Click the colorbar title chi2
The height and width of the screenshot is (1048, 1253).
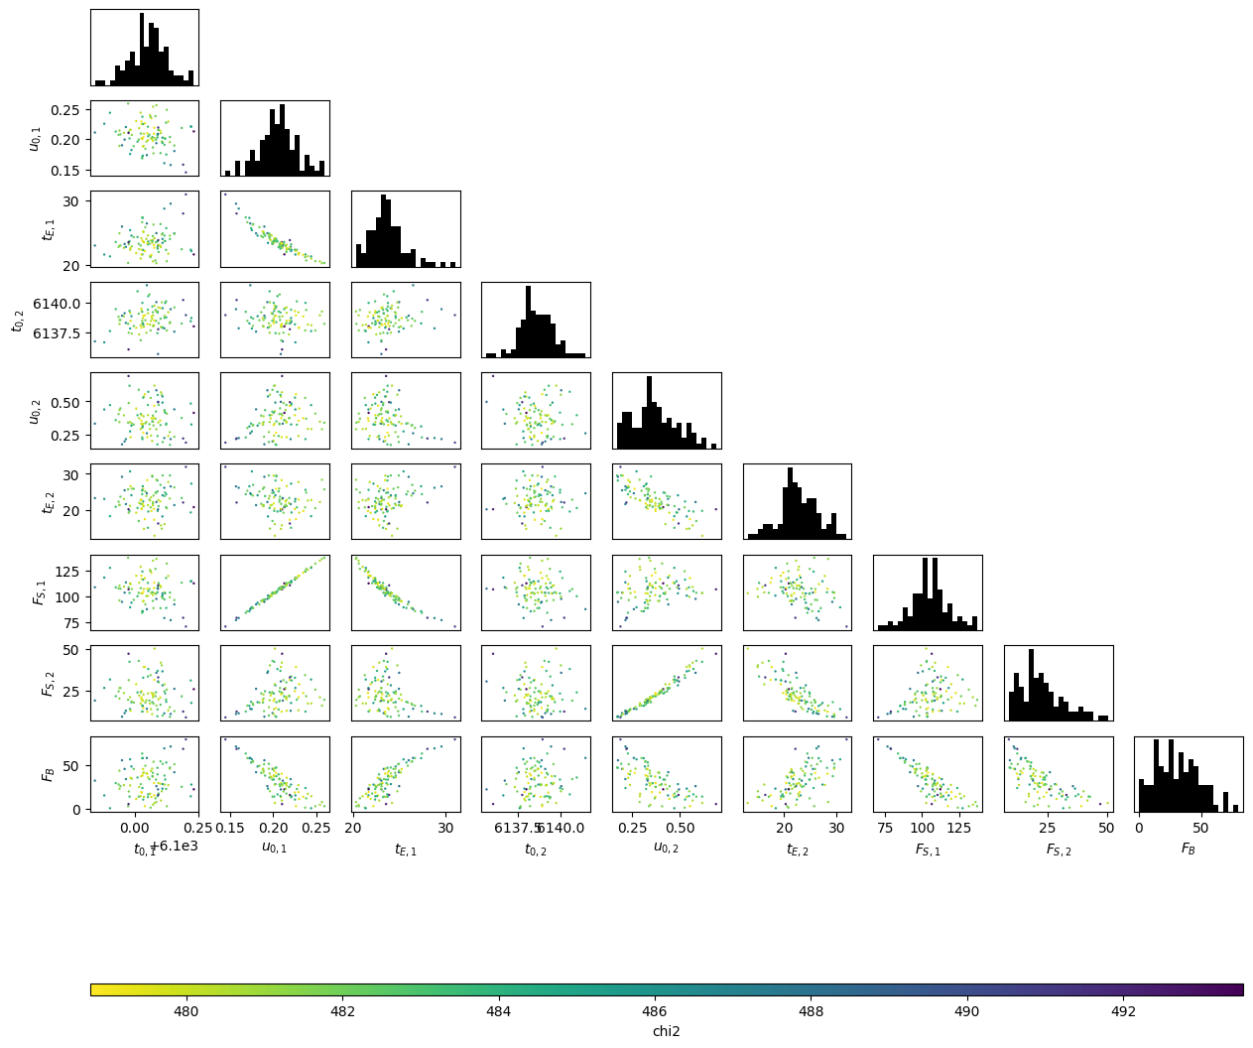pos(666,1031)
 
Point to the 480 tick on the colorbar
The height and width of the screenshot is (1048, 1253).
pos(186,1011)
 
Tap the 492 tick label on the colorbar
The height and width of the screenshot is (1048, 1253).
pos(1123,1011)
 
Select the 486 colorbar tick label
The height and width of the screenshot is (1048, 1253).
pos(655,1011)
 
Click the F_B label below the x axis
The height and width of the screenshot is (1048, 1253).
pos(1188,850)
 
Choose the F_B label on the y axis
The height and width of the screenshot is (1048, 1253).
pos(48,773)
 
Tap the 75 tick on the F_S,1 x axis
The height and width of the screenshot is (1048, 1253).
pos(885,827)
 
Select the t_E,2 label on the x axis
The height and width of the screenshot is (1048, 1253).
pos(796,850)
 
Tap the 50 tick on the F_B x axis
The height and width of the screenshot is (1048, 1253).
pos(1200,827)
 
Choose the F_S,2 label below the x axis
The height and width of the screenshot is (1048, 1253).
pos(1058,850)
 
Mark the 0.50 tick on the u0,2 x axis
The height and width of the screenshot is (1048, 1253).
pos(680,827)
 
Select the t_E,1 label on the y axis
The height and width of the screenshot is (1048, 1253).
pos(48,229)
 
